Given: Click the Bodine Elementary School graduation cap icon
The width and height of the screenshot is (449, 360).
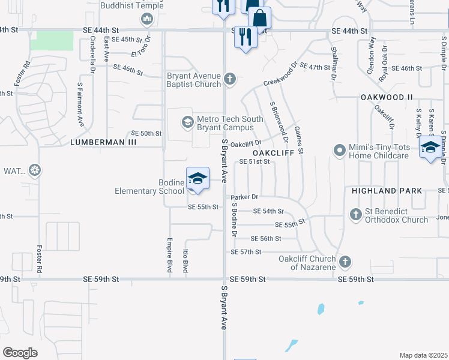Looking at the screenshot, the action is click(x=197, y=178).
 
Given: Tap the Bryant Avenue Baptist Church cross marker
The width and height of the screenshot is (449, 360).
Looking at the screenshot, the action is click(x=229, y=79).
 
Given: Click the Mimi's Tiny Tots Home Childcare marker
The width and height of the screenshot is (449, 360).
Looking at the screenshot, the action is click(x=340, y=149).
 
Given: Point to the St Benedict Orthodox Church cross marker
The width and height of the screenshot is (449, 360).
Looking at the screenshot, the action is click(x=355, y=214).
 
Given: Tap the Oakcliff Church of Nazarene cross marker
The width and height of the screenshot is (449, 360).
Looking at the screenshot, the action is click(x=345, y=261).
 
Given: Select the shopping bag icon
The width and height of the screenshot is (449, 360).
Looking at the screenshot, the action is click(x=260, y=17).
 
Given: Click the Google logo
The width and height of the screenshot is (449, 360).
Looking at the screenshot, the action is click(x=20, y=352).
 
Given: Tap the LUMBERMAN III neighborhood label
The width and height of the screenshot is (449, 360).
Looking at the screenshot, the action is click(x=103, y=143).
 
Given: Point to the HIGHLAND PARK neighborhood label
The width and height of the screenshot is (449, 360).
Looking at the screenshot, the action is click(x=382, y=191).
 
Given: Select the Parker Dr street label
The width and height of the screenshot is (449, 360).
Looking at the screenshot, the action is click(x=244, y=197).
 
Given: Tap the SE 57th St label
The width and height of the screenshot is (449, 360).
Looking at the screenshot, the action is click(x=246, y=252).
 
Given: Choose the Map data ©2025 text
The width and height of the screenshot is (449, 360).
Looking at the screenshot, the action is click(x=423, y=355).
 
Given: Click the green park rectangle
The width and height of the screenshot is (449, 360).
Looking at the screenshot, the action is click(x=52, y=40).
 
